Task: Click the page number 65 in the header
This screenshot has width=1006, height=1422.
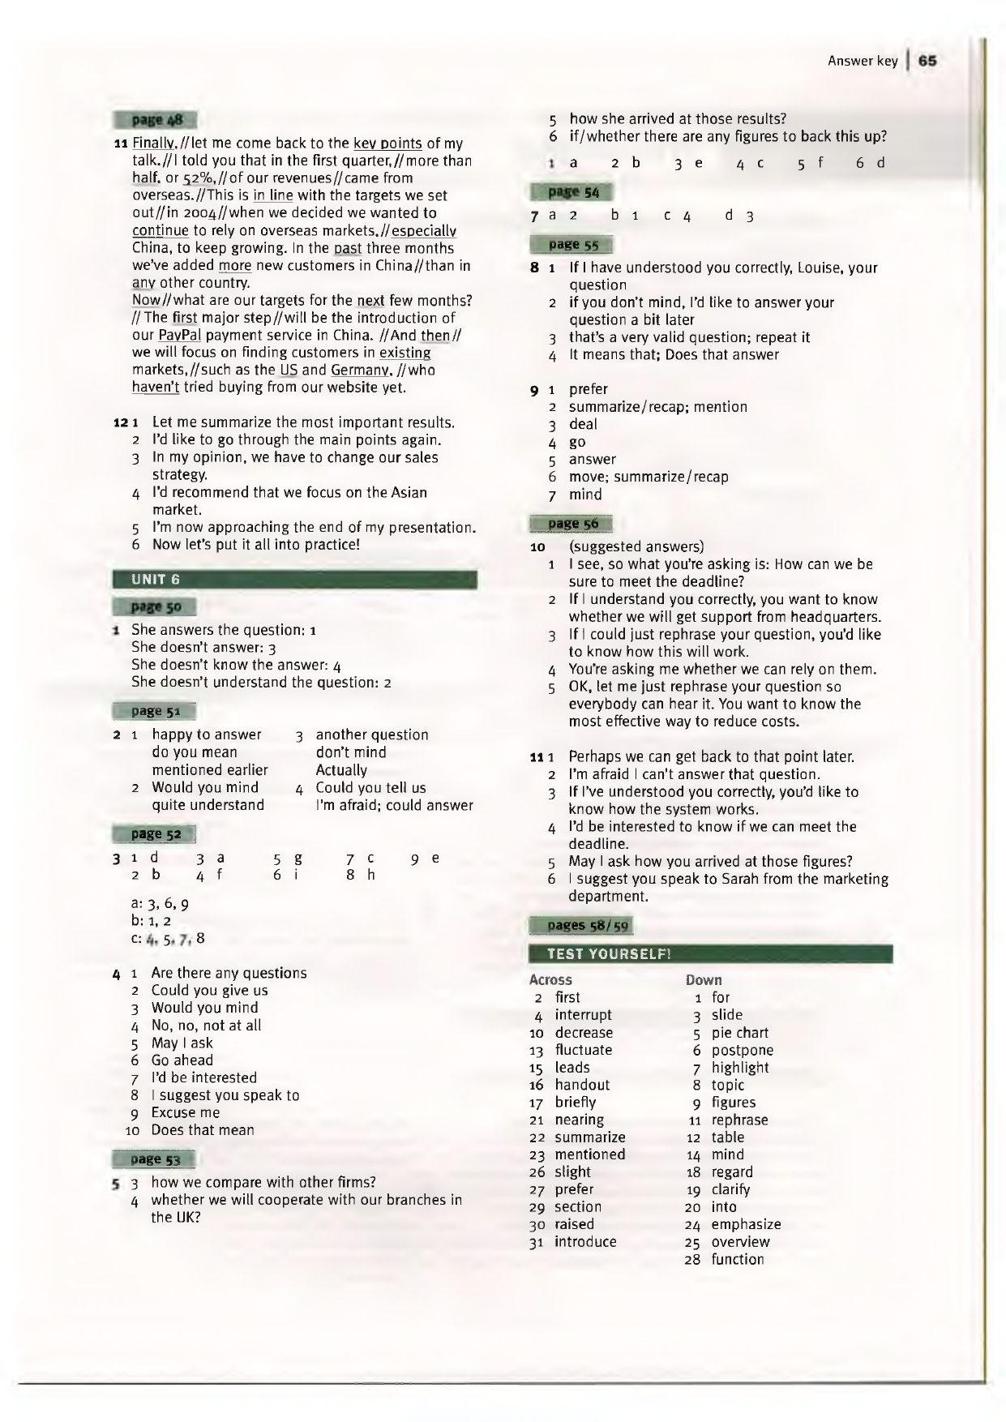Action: point(928,61)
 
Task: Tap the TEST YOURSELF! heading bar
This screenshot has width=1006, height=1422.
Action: point(710,953)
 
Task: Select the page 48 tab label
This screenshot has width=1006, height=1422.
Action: point(156,121)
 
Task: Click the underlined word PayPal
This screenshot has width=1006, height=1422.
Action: point(179,336)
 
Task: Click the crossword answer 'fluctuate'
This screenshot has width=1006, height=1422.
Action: point(583,1050)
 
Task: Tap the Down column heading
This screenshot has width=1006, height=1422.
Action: point(703,980)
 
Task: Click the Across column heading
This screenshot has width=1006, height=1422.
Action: point(550,980)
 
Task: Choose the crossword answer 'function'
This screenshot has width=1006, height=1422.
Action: point(737,1260)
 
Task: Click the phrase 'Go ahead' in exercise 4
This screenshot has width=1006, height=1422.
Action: point(182,1060)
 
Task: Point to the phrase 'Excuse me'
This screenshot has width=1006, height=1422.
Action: point(185,1113)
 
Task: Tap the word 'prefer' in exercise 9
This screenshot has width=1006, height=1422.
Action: point(588,389)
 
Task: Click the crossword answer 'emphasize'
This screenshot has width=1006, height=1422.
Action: point(746,1225)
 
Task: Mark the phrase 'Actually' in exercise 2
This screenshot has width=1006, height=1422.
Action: point(340,770)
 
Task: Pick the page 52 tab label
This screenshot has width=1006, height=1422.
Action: point(156,834)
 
